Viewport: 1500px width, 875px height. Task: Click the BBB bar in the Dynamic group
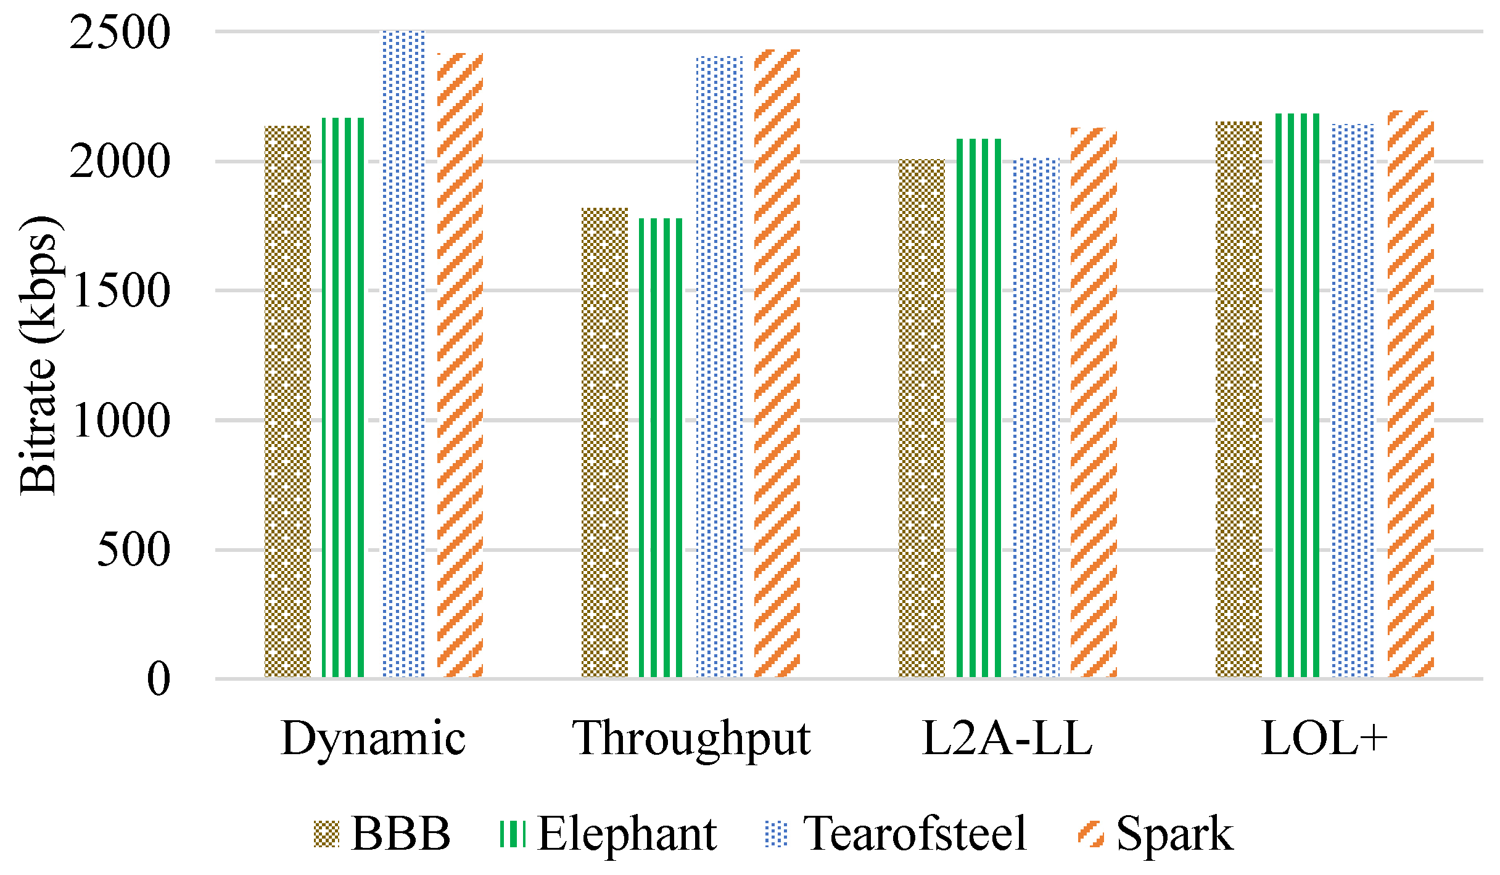(287, 401)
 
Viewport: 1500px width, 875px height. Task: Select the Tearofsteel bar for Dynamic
(403, 355)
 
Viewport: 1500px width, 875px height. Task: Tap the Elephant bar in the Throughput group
(661, 447)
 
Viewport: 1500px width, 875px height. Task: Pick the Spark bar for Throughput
(777, 364)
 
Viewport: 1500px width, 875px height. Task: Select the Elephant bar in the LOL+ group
(1297, 395)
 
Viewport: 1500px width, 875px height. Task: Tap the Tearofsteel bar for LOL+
(1353, 401)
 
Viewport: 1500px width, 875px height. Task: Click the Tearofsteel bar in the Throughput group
(719, 367)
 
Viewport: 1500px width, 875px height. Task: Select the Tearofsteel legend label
(915, 834)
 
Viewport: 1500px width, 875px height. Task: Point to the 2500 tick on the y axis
(120, 32)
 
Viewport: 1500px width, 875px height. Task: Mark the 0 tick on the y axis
(159, 679)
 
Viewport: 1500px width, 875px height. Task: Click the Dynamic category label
(373, 738)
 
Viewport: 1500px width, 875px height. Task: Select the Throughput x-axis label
(691, 739)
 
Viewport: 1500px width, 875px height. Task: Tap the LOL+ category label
(1324, 738)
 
